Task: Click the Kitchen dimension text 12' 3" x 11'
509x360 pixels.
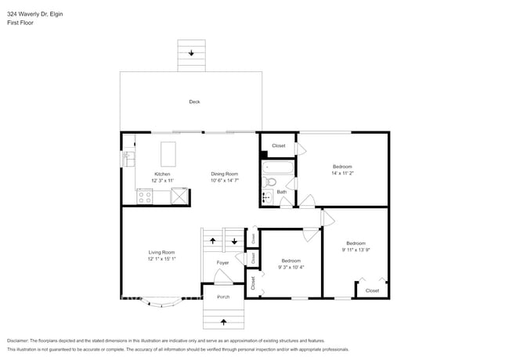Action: [162, 181]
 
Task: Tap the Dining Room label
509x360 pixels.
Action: [224, 174]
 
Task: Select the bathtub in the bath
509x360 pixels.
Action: [277, 166]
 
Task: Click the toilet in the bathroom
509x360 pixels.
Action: [270, 182]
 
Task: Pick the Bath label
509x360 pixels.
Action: [281, 192]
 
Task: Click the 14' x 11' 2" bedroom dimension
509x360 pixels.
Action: [342, 174]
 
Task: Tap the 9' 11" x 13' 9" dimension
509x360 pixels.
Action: [356, 250]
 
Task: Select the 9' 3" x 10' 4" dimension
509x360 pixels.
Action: [291, 267]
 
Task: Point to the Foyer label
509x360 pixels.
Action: [223, 263]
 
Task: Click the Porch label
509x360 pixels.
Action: [223, 297]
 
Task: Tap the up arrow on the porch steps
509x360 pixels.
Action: [224, 321]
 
